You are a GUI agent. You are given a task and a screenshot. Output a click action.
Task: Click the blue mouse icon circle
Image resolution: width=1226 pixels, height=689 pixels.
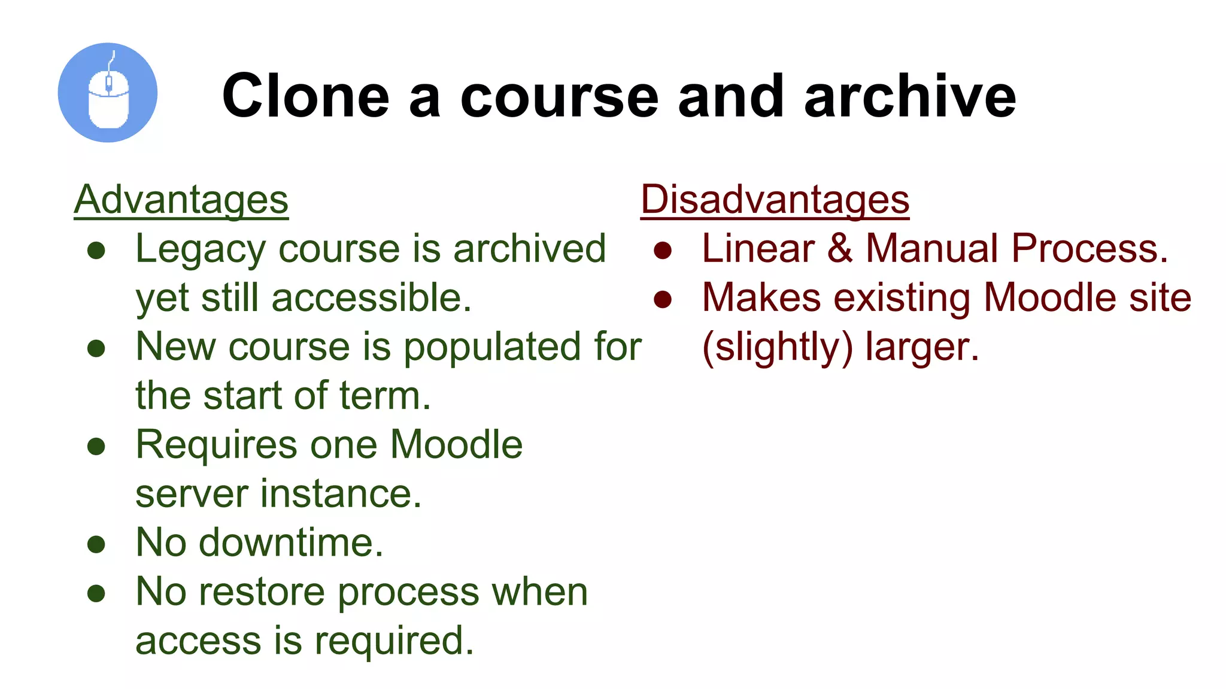tap(108, 93)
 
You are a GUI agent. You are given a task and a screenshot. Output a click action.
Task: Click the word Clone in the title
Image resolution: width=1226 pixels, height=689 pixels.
tap(306, 96)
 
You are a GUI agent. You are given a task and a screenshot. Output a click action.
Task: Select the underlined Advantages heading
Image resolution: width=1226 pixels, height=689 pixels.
tap(181, 200)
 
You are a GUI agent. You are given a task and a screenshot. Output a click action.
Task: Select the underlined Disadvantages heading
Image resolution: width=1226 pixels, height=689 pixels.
tap(775, 200)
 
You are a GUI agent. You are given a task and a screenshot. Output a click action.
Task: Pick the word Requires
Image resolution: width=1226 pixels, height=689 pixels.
tap(216, 445)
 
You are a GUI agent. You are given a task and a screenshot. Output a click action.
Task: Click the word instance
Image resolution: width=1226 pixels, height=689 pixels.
tap(341, 494)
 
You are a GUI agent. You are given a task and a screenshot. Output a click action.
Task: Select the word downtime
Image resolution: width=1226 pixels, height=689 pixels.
tap(290, 543)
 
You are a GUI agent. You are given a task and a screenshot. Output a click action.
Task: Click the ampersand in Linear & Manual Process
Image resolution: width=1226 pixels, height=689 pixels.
tap(840, 249)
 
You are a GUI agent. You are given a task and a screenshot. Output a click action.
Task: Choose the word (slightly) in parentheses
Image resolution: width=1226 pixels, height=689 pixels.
tap(777, 347)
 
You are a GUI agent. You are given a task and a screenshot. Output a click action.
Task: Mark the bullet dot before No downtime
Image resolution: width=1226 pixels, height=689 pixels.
tap(96, 544)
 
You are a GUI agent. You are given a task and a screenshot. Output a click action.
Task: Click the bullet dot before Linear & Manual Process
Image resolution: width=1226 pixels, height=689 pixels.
tap(663, 250)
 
